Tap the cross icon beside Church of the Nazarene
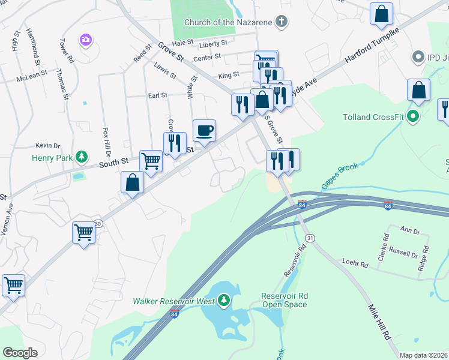point(281,23)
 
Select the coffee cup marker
point(204,131)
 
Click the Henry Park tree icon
point(82,158)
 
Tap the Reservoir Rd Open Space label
point(285,300)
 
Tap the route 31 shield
point(310,239)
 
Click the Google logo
point(20,353)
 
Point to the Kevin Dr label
point(48,146)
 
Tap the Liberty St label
point(214,43)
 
